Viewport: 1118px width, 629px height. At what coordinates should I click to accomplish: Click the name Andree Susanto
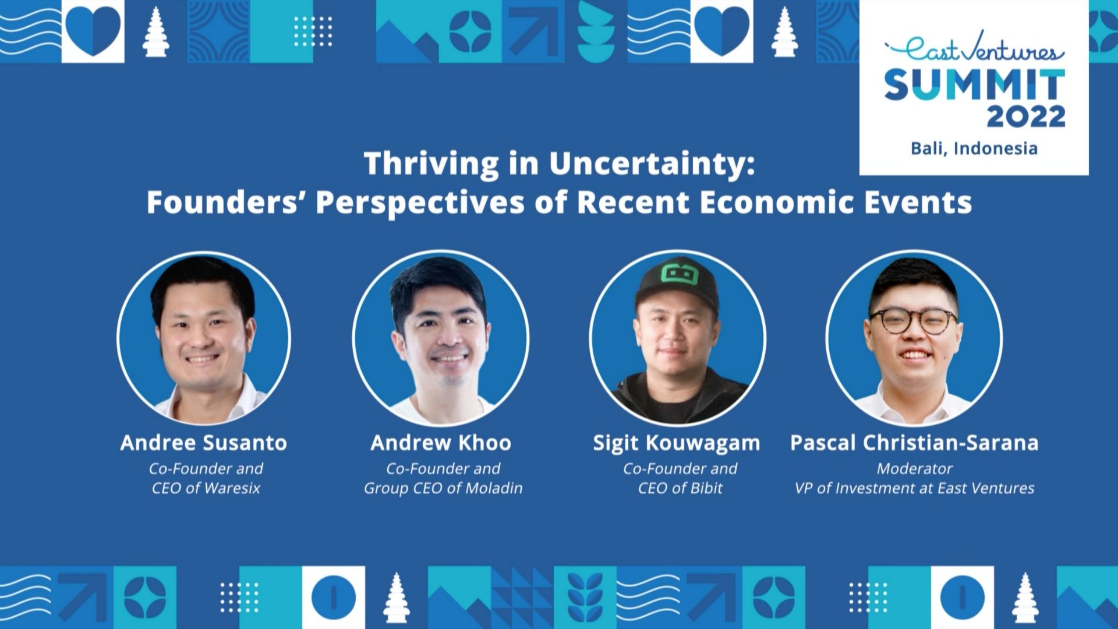pyautogui.click(x=203, y=443)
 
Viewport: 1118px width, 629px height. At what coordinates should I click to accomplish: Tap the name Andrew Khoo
pyautogui.click(x=441, y=443)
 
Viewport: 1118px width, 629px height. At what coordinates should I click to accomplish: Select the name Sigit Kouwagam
pyautogui.click(x=676, y=444)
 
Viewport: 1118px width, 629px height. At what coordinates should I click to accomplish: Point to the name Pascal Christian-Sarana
pyautogui.click(x=914, y=443)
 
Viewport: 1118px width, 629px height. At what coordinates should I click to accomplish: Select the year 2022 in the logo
pyautogui.click(x=1025, y=116)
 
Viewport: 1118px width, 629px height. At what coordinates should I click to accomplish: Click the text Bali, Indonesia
pyautogui.click(x=974, y=149)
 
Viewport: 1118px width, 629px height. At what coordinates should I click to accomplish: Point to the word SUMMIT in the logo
pyautogui.click(x=974, y=85)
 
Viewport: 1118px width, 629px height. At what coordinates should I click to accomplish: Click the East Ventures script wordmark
pyautogui.click(x=974, y=52)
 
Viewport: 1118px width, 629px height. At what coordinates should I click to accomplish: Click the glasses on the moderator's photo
pyautogui.click(x=913, y=321)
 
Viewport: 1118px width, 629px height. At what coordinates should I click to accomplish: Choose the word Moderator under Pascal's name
pyautogui.click(x=914, y=469)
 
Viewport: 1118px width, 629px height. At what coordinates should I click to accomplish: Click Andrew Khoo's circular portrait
pyautogui.click(x=441, y=338)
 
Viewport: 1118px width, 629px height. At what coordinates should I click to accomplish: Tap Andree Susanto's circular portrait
pyautogui.click(x=203, y=338)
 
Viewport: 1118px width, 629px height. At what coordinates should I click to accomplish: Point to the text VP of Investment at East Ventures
pyautogui.click(x=914, y=488)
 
